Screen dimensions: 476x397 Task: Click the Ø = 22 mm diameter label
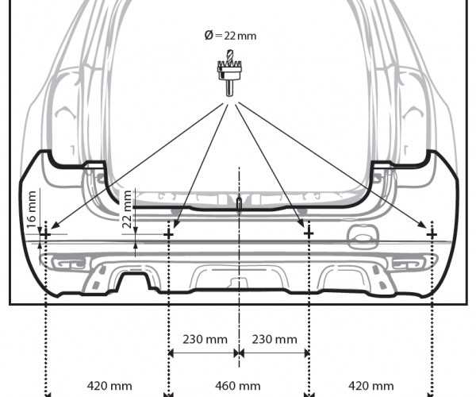point(230,36)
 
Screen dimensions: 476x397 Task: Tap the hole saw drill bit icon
point(229,73)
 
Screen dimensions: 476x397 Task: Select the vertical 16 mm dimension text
point(31,210)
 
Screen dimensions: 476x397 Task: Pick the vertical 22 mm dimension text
point(127,209)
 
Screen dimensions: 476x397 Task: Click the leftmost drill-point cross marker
point(46,234)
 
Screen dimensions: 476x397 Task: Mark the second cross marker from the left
point(168,234)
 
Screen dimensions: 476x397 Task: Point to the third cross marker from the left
point(309,233)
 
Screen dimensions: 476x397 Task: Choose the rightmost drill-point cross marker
point(432,234)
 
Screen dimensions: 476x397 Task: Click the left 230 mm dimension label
point(205,339)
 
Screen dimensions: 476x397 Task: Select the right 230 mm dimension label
point(274,339)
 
